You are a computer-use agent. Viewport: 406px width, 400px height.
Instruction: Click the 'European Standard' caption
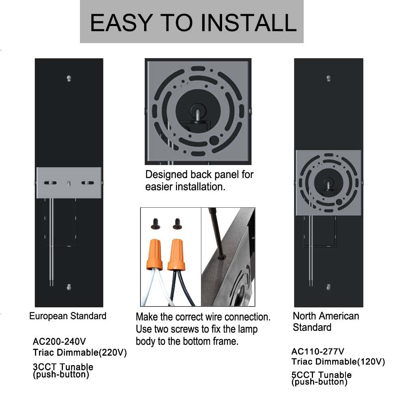click(x=68, y=316)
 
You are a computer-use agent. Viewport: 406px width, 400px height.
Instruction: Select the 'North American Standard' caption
click(x=326, y=322)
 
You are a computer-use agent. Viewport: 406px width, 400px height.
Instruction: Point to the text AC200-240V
click(x=59, y=341)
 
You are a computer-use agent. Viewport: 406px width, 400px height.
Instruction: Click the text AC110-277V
click(x=318, y=352)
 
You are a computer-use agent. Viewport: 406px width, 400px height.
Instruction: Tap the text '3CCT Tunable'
click(x=63, y=366)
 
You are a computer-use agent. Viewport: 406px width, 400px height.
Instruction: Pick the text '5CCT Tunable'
click(x=321, y=374)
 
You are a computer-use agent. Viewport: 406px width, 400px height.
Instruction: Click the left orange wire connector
click(x=155, y=254)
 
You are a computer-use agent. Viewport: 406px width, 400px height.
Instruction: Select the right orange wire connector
click(x=176, y=254)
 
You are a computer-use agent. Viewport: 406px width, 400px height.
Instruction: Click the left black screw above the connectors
click(x=155, y=224)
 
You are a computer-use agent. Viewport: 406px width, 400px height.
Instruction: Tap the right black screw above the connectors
click(x=177, y=224)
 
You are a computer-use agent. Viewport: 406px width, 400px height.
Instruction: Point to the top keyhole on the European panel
click(x=69, y=78)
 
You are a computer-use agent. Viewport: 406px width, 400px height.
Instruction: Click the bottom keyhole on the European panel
click(x=69, y=287)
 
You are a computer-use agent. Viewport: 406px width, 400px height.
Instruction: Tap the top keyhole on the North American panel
click(x=328, y=78)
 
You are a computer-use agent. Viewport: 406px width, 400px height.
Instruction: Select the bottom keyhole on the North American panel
click(x=328, y=287)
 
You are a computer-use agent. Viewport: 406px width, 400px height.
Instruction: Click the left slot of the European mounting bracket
click(x=50, y=183)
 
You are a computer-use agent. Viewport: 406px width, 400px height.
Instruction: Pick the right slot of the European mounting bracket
click(x=88, y=183)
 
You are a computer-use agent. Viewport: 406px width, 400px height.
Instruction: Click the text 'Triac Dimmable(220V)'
click(x=80, y=352)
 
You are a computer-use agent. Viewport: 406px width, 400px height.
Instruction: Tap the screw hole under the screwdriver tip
click(x=222, y=257)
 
